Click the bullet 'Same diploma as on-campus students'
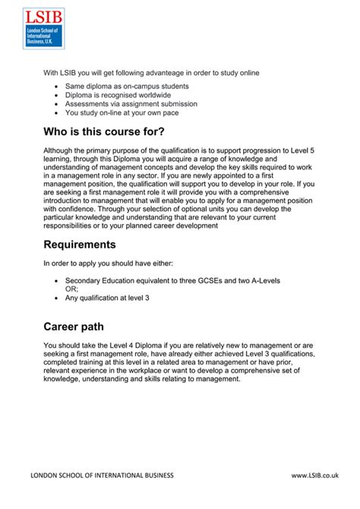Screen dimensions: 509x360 127,87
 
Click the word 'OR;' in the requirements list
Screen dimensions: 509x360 72,289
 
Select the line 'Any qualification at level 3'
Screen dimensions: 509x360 107,298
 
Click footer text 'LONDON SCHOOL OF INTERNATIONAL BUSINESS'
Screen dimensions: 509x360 102,475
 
